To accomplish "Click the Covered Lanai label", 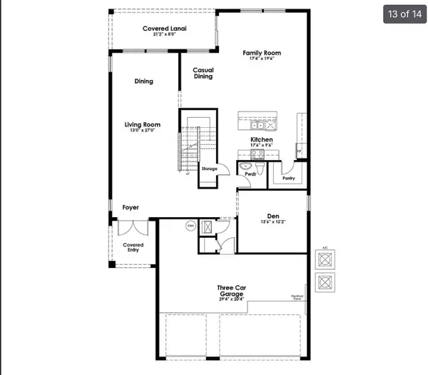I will click(165, 29).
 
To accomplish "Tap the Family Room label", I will click(262, 53).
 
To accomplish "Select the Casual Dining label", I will click(203, 73).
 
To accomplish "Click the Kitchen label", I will click(262, 140).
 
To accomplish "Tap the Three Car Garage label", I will click(231, 291).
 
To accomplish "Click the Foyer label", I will click(131, 208).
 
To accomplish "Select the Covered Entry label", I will click(133, 247).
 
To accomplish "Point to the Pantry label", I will click(289, 178).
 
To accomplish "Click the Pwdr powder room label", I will click(250, 174).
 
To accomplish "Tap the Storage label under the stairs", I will click(209, 169).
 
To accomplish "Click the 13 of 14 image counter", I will click(404, 14).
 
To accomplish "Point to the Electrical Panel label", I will click(297, 297).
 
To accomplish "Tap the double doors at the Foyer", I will click(133, 229).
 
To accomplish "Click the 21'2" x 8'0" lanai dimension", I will click(165, 34).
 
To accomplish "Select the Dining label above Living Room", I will click(144, 81).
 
